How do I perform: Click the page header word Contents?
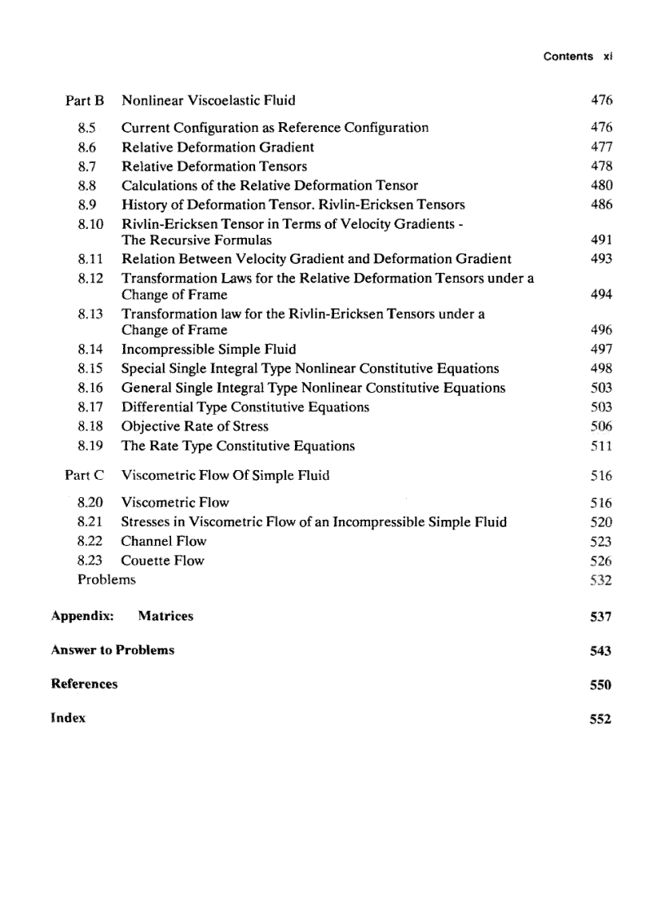point(567,56)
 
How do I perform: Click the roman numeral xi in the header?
point(607,56)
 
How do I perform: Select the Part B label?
point(85,101)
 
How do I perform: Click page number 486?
point(601,205)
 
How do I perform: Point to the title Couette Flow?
point(162,561)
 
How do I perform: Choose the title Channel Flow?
point(164,541)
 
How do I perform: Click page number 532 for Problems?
point(601,581)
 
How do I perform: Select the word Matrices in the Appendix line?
point(165,616)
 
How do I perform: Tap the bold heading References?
point(84,684)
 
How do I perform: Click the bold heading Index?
point(68,718)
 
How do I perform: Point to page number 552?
point(600,719)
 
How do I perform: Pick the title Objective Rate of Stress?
point(195,427)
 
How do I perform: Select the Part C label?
point(85,476)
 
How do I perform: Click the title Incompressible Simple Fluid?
point(209,350)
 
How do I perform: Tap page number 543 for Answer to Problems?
point(600,651)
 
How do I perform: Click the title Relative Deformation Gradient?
point(218,147)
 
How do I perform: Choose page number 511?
point(601,447)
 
